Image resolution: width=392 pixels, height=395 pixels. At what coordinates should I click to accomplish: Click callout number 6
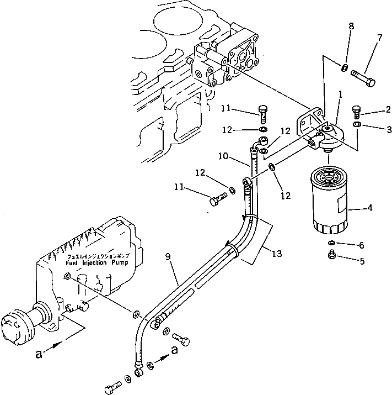(x=362, y=245)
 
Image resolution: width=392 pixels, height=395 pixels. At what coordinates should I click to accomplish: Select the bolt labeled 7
(x=363, y=77)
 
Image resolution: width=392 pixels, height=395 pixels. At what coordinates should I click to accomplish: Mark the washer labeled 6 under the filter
(x=331, y=243)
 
